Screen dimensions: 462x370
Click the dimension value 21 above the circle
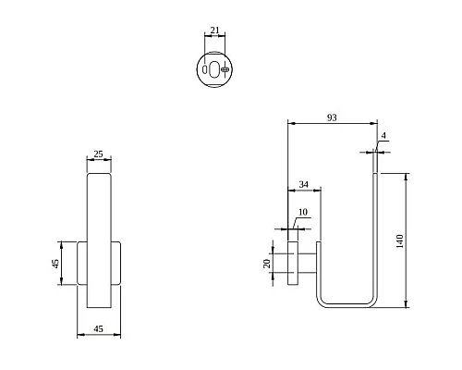tap(214, 31)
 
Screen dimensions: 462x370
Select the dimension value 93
tap(332, 117)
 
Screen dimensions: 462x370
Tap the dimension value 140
tap(399, 241)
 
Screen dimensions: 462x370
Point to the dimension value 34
tap(304, 184)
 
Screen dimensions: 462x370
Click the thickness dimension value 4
tap(383, 136)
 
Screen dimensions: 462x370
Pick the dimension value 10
tap(303, 212)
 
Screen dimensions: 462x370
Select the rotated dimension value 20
tap(267, 264)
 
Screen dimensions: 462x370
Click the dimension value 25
tap(98, 154)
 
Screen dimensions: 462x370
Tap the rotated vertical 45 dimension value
tap(55, 264)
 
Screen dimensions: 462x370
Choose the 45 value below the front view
tap(98, 329)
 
